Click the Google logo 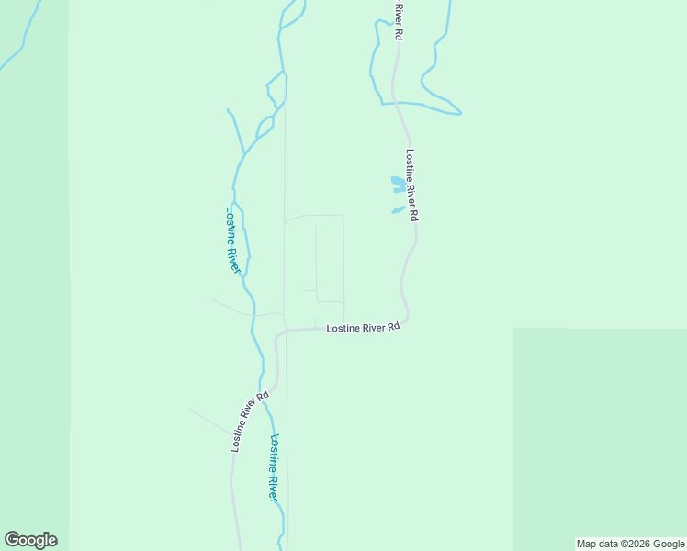(x=30, y=540)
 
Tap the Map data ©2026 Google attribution (x=630, y=544)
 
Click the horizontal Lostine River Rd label (x=364, y=327)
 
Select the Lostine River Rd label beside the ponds (x=412, y=185)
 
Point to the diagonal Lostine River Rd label (x=249, y=422)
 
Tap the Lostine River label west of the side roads (x=233, y=239)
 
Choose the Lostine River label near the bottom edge (x=273, y=467)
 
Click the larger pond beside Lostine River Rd (x=398, y=185)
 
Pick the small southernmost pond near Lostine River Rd (x=398, y=210)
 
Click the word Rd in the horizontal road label (x=393, y=327)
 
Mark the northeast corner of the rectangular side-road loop (x=343, y=216)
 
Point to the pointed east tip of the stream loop (x=461, y=114)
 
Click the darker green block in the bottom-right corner (x=599, y=432)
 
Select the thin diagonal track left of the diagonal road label (x=211, y=421)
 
